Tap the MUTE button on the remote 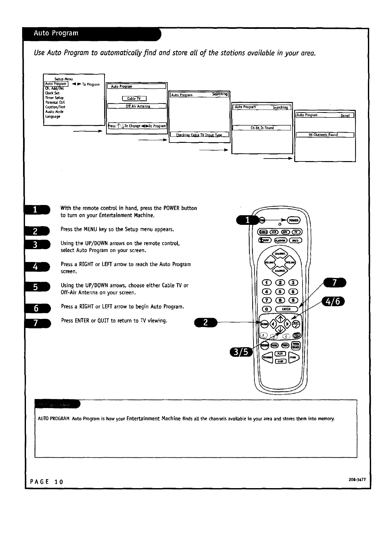(x=295, y=240)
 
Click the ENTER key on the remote (x=286, y=309)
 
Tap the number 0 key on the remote (x=267, y=309)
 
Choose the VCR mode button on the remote (x=274, y=232)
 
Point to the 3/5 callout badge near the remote (x=241, y=352)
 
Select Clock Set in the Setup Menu (x=52, y=93)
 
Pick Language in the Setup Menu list (x=53, y=117)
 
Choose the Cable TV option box (x=134, y=99)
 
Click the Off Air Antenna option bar (x=137, y=106)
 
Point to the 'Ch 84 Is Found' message (x=262, y=128)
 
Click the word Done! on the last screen (x=347, y=115)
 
